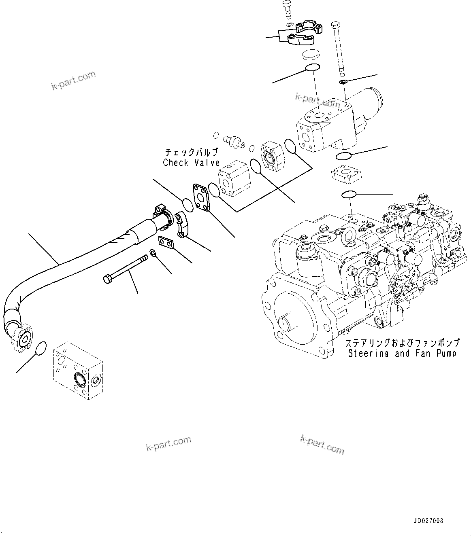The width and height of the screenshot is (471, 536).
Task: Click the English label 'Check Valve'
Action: click(x=191, y=163)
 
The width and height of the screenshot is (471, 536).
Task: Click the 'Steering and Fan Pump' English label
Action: click(x=402, y=353)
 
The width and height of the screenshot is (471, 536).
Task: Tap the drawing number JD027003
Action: click(x=428, y=521)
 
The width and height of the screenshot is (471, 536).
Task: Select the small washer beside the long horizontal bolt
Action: click(x=153, y=253)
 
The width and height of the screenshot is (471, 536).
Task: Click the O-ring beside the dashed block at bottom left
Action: click(x=41, y=348)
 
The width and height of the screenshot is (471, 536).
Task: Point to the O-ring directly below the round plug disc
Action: click(x=312, y=68)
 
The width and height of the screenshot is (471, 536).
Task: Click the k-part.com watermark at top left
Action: click(x=73, y=81)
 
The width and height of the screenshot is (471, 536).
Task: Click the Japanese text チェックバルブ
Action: click(x=191, y=153)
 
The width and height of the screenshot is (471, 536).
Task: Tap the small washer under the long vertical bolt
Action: click(x=343, y=83)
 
